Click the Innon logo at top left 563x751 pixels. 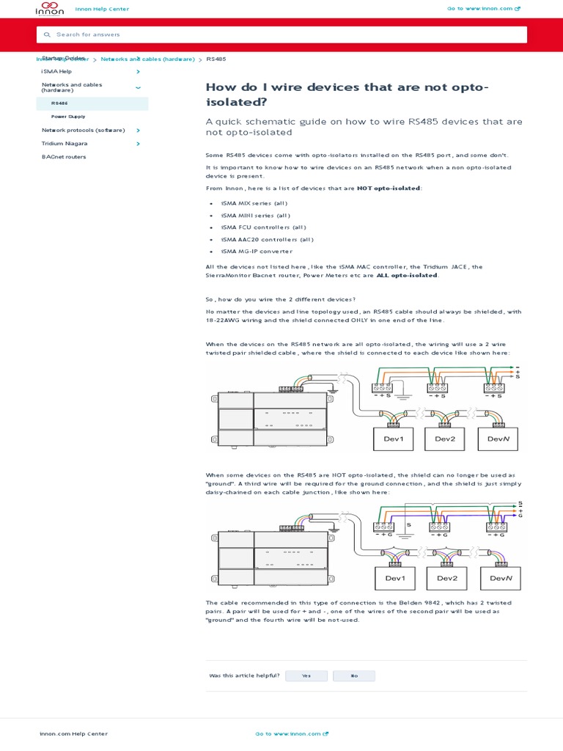coord(50,9)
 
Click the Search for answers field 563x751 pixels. coord(281,34)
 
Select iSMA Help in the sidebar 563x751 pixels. coord(56,71)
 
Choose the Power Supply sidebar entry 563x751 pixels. coord(68,117)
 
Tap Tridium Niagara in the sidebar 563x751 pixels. coord(65,144)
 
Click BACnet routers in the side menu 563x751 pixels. coord(64,157)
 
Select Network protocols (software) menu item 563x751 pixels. coord(83,130)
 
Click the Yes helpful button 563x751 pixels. coord(306,675)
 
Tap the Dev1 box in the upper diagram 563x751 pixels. coord(394,439)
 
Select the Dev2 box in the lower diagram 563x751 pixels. coord(447,578)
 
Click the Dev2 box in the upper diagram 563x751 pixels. coord(446,439)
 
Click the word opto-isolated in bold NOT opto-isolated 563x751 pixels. coord(399,188)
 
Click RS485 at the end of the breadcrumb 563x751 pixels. coord(216,59)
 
